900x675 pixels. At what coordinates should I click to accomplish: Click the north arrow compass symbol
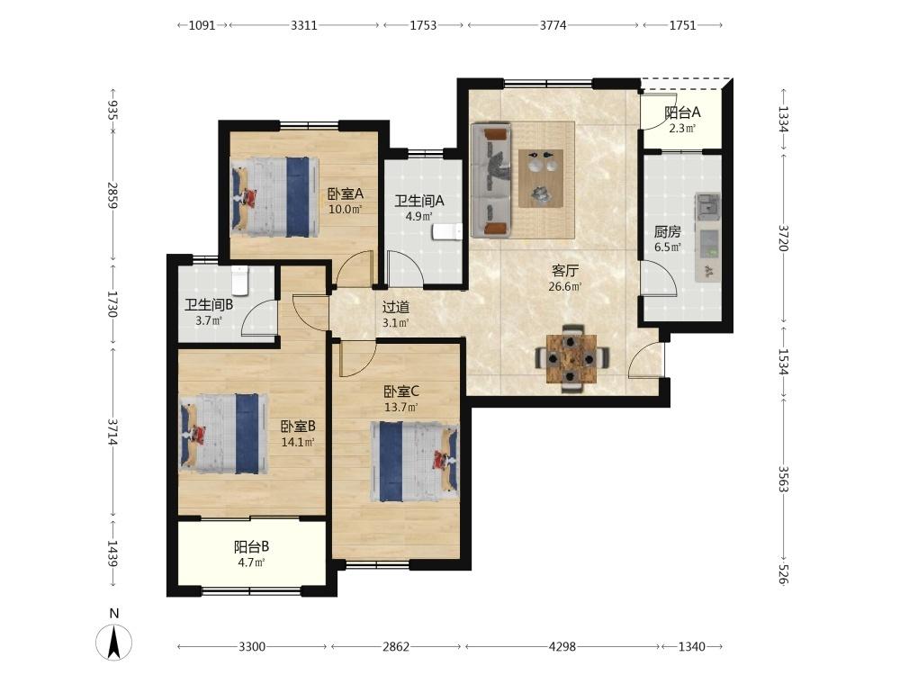pyautogui.click(x=114, y=641)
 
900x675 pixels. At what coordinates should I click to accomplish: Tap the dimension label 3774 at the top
pyautogui.click(x=553, y=25)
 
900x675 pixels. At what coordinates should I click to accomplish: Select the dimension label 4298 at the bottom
pyautogui.click(x=562, y=647)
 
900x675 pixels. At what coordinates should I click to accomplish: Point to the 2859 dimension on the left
pyautogui.click(x=112, y=195)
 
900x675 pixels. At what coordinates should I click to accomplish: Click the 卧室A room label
pyautogui.click(x=345, y=194)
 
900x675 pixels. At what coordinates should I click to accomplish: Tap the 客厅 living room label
pyautogui.click(x=565, y=270)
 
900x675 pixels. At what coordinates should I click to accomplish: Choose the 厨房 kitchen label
pyautogui.click(x=668, y=232)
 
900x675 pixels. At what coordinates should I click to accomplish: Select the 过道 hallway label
pyautogui.click(x=396, y=307)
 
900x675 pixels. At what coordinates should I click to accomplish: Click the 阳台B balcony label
pyautogui.click(x=251, y=546)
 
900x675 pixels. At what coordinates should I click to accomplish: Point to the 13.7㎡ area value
pyautogui.click(x=400, y=408)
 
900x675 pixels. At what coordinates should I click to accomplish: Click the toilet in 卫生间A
pyautogui.click(x=447, y=232)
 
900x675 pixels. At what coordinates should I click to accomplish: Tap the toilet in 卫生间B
pyautogui.click(x=239, y=280)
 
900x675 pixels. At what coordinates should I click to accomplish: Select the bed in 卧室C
pyautogui.click(x=414, y=462)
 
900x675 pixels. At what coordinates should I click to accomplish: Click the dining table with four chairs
pyautogui.click(x=571, y=359)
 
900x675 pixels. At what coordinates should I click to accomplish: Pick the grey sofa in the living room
pyautogui.click(x=490, y=180)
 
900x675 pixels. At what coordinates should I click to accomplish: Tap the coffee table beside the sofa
pyautogui.click(x=541, y=178)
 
